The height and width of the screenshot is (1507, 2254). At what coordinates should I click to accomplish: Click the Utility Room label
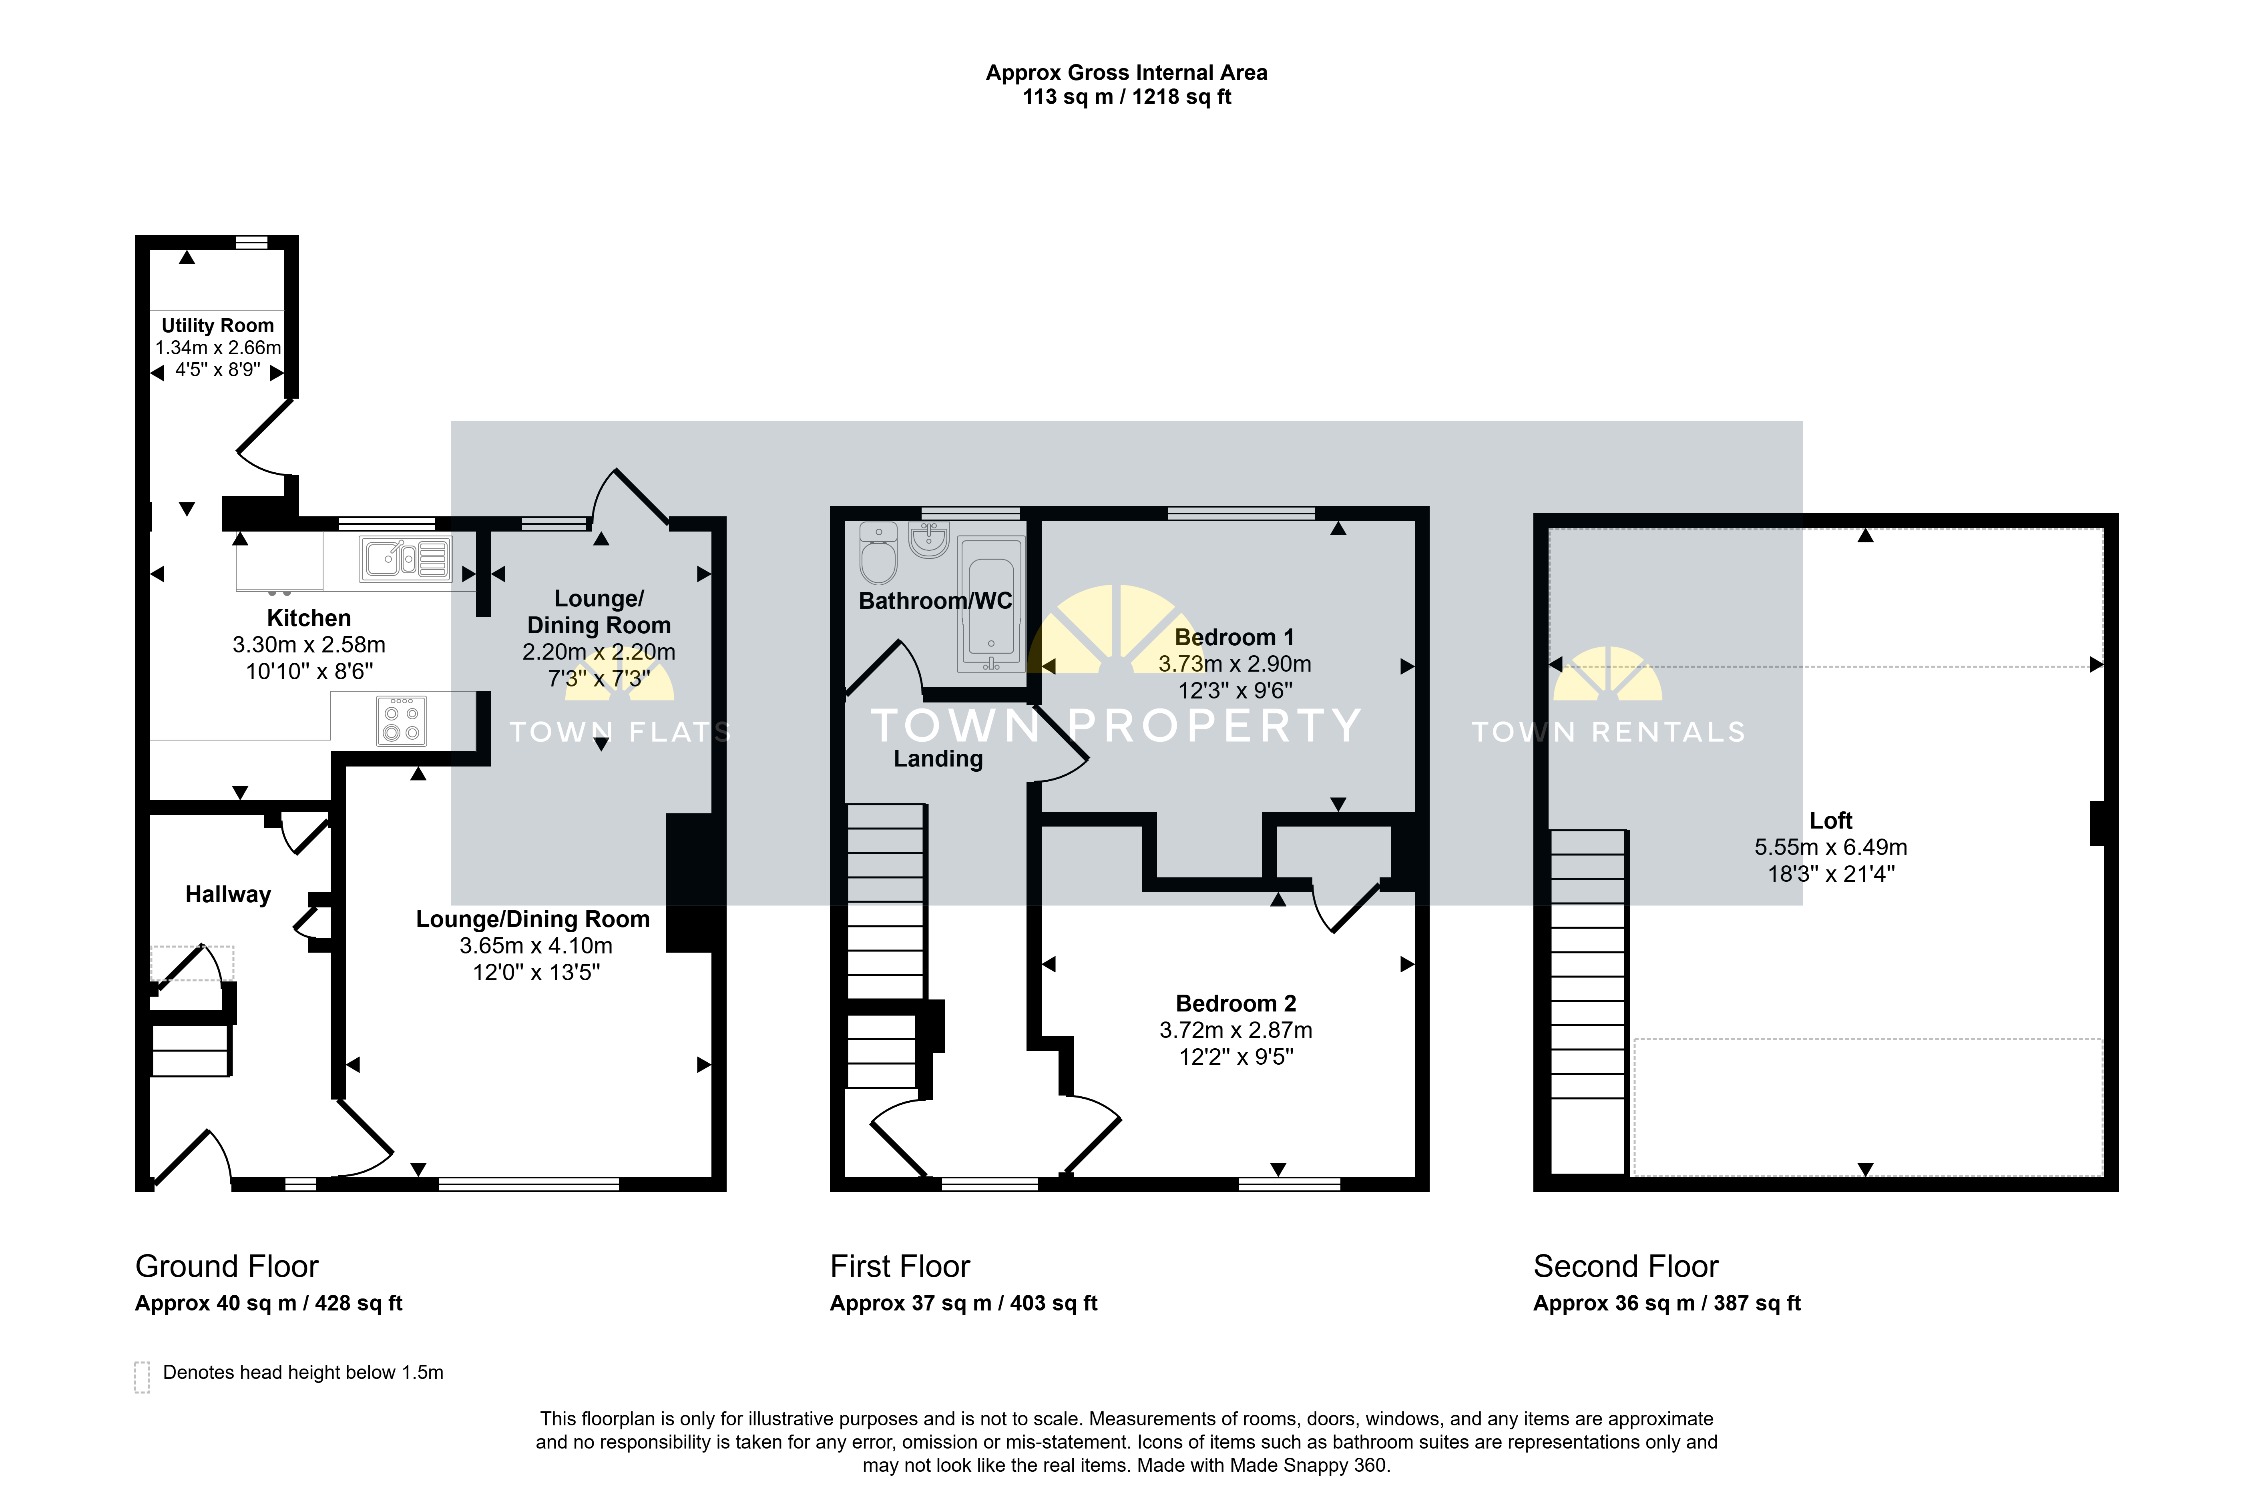(217, 326)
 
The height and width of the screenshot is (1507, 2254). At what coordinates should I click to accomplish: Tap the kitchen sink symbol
(406, 558)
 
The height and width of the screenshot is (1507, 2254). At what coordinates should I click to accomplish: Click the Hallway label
(228, 895)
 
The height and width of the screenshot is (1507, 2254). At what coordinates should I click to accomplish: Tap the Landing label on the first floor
(938, 759)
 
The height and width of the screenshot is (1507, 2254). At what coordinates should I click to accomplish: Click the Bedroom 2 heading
(1236, 1003)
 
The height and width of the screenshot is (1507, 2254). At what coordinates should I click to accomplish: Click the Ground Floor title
(227, 1267)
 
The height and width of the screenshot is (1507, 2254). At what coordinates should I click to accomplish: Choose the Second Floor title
(1625, 1267)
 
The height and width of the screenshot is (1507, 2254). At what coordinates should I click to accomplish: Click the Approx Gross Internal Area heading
(1127, 73)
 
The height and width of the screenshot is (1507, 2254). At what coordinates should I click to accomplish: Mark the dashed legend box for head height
(142, 1376)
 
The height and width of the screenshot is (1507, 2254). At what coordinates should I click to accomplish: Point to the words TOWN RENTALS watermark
(1608, 732)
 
